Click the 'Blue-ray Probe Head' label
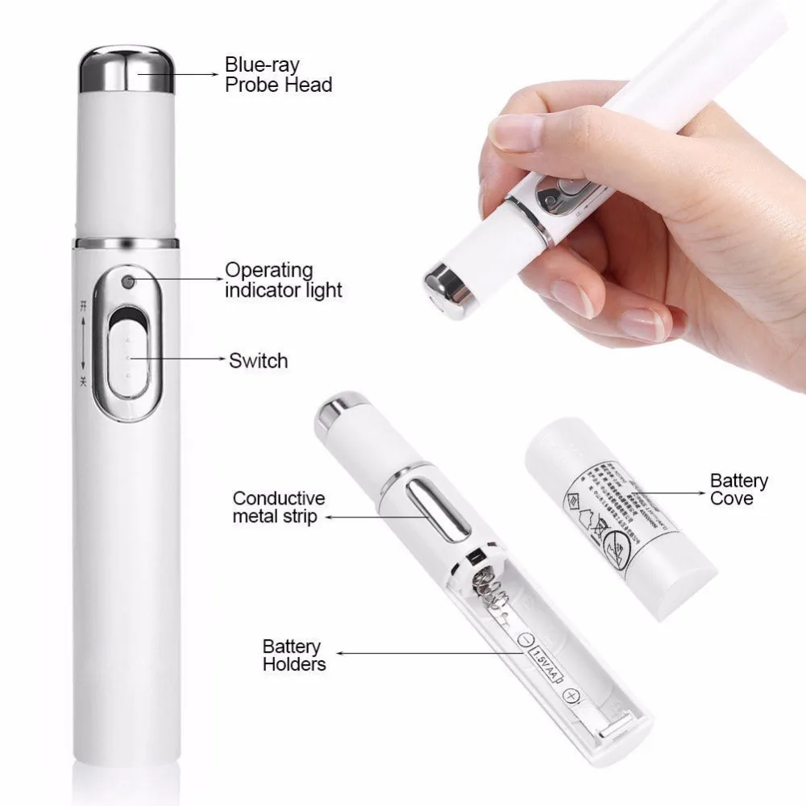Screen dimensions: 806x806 (278, 74)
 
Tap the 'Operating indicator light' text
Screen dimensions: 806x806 (284, 280)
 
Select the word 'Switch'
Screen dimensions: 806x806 (258, 360)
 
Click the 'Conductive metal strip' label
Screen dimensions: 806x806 (279, 507)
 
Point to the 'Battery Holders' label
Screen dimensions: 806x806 (294, 655)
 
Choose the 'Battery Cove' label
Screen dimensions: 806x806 (738, 489)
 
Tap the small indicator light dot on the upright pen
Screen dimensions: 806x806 (127, 283)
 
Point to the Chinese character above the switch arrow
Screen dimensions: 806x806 (82, 307)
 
